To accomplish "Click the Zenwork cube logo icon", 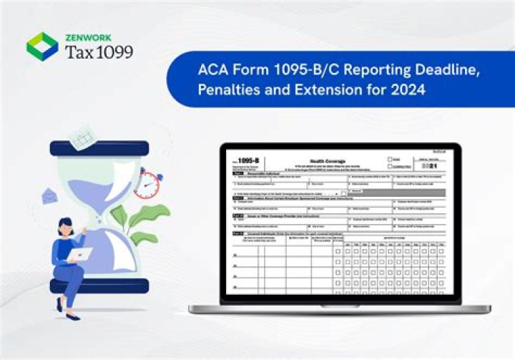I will (x=42, y=46).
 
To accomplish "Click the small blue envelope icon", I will (x=50, y=195).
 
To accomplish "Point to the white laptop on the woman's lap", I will (x=80, y=254).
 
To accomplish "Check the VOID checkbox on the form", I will (x=391, y=160).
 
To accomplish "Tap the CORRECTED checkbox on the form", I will (x=391, y=166).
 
